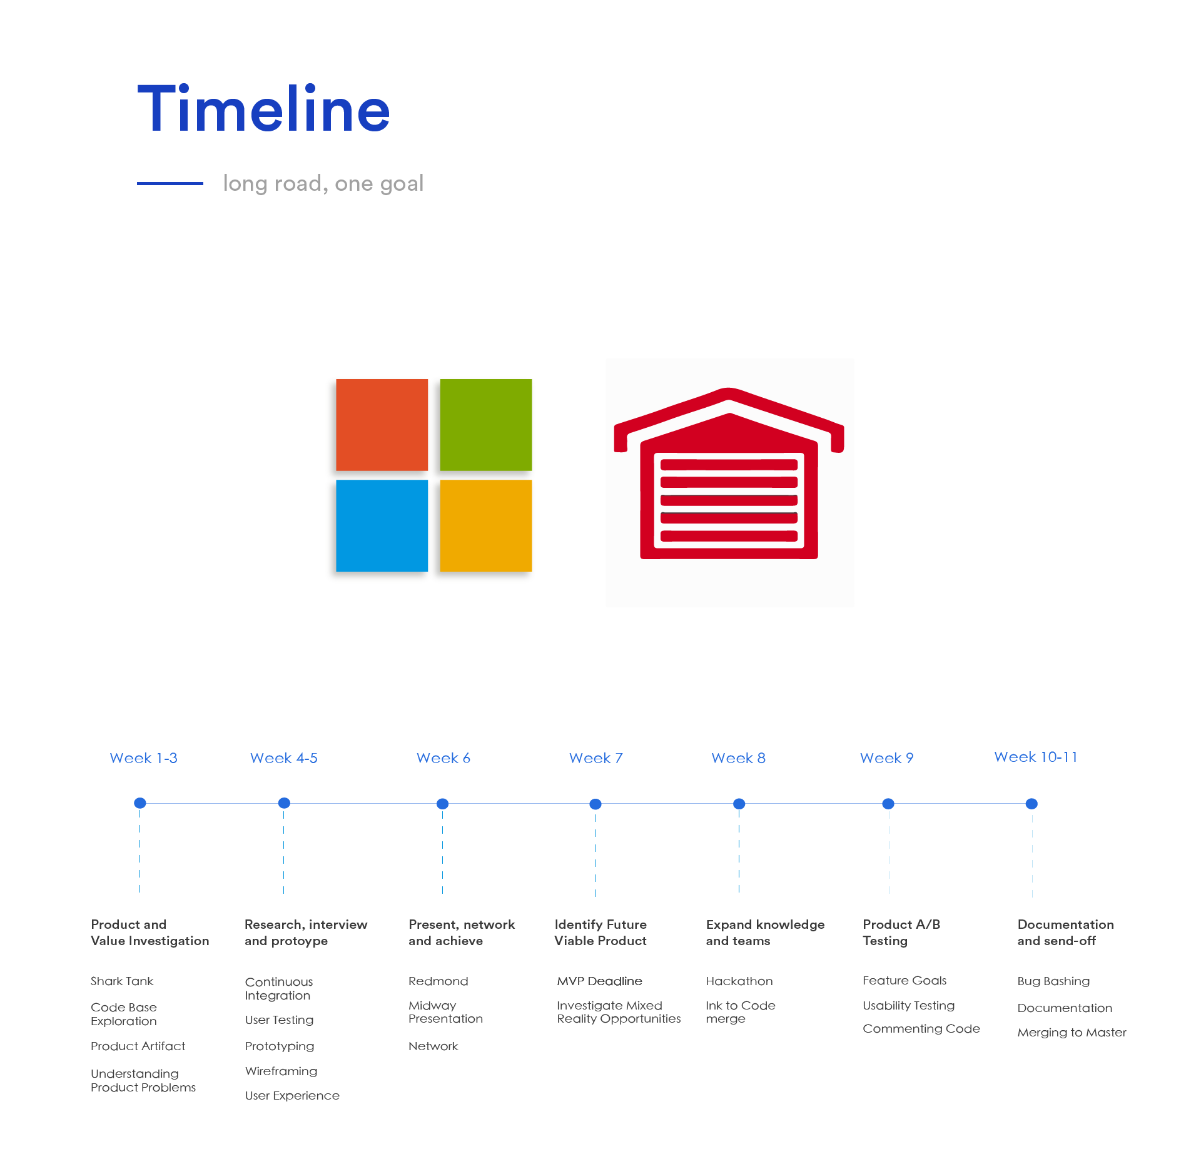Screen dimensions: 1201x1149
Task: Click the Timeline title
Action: [x=263, y=109]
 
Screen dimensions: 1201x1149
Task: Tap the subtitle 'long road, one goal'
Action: [x=323, y=184]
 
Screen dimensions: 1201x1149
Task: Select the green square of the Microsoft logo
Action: [x=486, y=425]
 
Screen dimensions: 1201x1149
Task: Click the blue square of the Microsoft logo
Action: [x=382, y=525]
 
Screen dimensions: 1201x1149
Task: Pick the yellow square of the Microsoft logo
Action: [x=486, y=525]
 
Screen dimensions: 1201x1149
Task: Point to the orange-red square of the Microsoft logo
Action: [x=382, y=425]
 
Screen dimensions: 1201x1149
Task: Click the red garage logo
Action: [x=729, y=474]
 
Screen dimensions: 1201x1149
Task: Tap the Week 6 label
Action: [x=443, y=758]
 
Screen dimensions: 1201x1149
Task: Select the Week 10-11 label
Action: [x=1036, y=757]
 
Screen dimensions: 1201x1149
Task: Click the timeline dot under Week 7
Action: [x=595, y=804]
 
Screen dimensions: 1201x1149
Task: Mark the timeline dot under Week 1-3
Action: [x=140, y=803]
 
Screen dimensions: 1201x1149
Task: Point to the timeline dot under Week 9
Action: [x=888, y=804]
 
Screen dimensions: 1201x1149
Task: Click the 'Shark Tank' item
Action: [x=122, y=981]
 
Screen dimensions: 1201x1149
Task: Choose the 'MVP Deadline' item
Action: [x=600, y=981]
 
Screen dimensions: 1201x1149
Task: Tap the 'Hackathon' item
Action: [x=739, y=981]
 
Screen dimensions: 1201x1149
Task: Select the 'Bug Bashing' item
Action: [x=1053, y=981]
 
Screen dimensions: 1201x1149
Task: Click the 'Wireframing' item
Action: [x=281, y=1071]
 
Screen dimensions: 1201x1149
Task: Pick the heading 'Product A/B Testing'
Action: [x=901, y=933]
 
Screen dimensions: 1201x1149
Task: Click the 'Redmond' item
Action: [x=438, y=981]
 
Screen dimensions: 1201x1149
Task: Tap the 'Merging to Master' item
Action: [x=1072, y=1033]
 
